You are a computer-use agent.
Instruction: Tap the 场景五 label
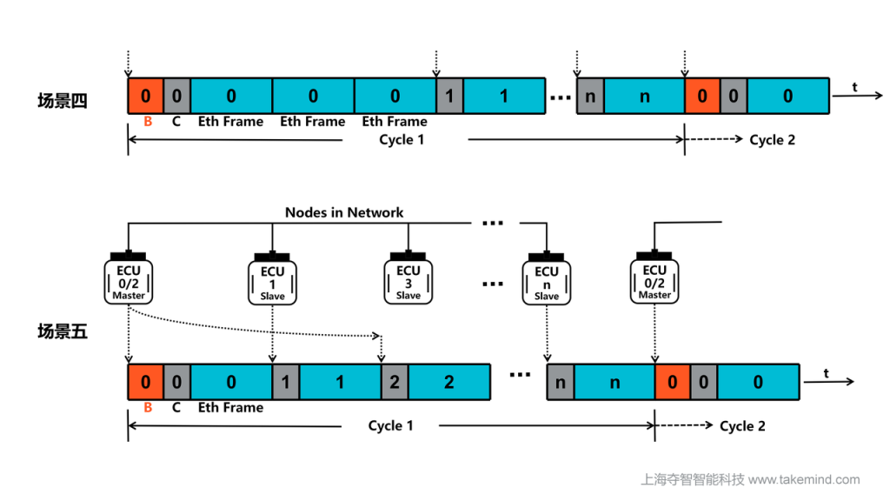coord(62,331)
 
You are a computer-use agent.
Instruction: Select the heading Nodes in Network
coord(344,212)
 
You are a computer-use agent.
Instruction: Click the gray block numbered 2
coord(395,382)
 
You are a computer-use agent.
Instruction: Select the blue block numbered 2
coord(448,382)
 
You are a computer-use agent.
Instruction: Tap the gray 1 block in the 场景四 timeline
coord(449,96)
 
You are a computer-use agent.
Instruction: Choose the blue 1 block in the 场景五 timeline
coord(340,382)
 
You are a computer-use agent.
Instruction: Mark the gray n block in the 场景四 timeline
coord(590,96)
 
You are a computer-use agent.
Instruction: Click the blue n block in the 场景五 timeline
coord(614,382)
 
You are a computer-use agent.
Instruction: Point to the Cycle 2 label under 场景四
coord(772,139)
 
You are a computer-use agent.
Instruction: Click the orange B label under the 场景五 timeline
coord(147,407)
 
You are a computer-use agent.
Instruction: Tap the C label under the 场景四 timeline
coord(176,121)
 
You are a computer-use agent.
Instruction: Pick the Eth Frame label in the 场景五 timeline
coord(230,407)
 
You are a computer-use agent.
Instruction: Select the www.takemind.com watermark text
coord(804,479)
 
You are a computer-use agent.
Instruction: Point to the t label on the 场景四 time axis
coord(855,87)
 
